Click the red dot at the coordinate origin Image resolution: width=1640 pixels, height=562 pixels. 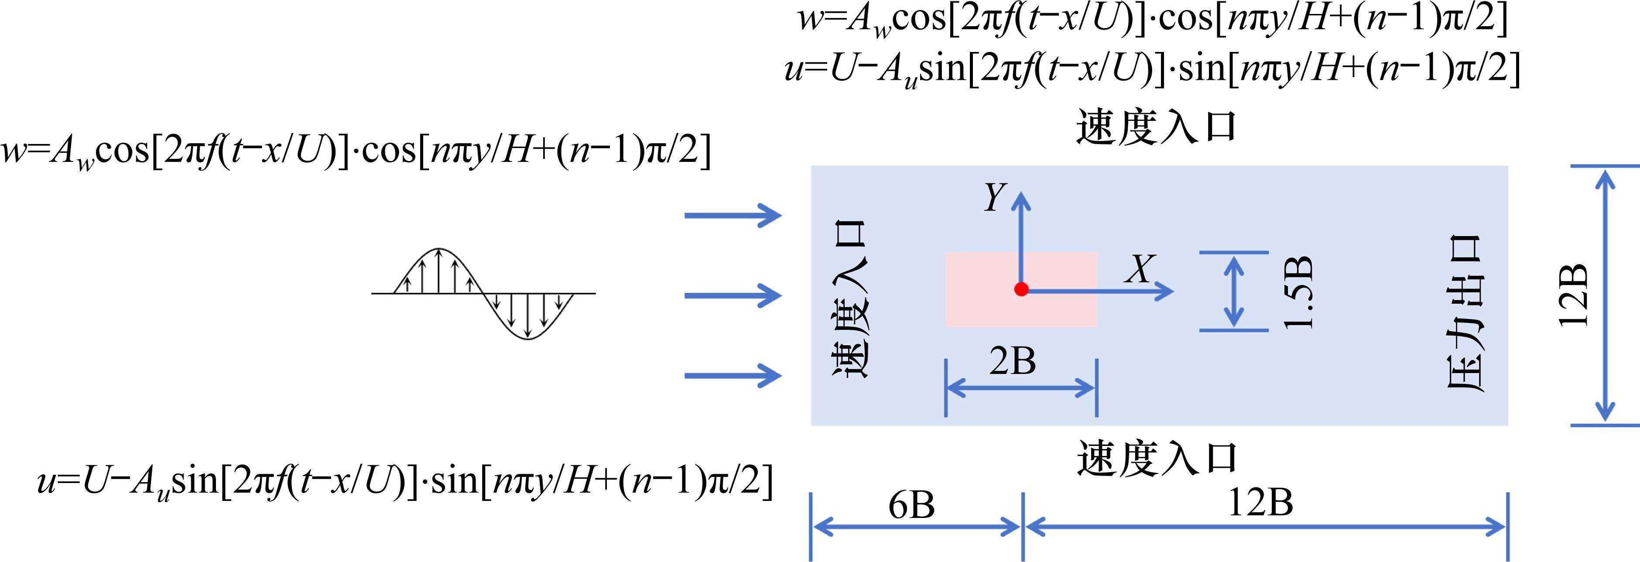click(1021, 290)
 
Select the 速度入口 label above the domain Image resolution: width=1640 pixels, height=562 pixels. click(1156, 127)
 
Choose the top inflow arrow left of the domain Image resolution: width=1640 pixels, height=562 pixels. click(732, 215)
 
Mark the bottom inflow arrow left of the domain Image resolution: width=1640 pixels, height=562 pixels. click(732, 376)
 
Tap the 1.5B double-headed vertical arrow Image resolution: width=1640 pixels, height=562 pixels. click(1234, 291)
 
